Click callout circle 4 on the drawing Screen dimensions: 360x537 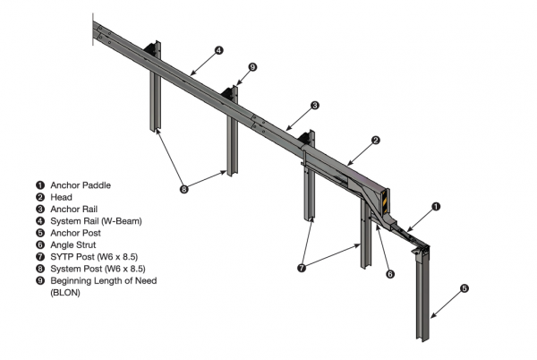pyautogui.click(x=218, y=50)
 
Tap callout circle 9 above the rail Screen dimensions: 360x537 pyautogui.click(x=252, y=66)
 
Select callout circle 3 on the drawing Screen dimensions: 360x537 pyautogui.click(x=315, y=105)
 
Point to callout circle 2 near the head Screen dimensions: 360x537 pyautogui.click(x=377, y=140)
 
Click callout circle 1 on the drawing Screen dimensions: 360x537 pyautogui.click(x=436, y=206)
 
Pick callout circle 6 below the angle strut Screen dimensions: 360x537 pyautogui.click(x=389, y=274)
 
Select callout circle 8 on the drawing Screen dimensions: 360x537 pyautogui.click(x=184, y=188)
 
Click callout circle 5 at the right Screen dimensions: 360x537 pyautogui.click(x=464, y=288)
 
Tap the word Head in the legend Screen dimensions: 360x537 pyautogui.click(x=61, y=197)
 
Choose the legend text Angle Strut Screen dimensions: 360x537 pyautogui.click(x=78, y=244)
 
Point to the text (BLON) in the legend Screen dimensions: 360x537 pyautogui.click(x=68, y=292)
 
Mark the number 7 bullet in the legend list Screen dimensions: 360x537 pyautogui.click(x=39, y=256)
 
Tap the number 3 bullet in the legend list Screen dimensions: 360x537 pyautogui.click(x=39, y=209)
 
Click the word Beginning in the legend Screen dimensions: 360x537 pyautogui.click(x=73, y=280)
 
